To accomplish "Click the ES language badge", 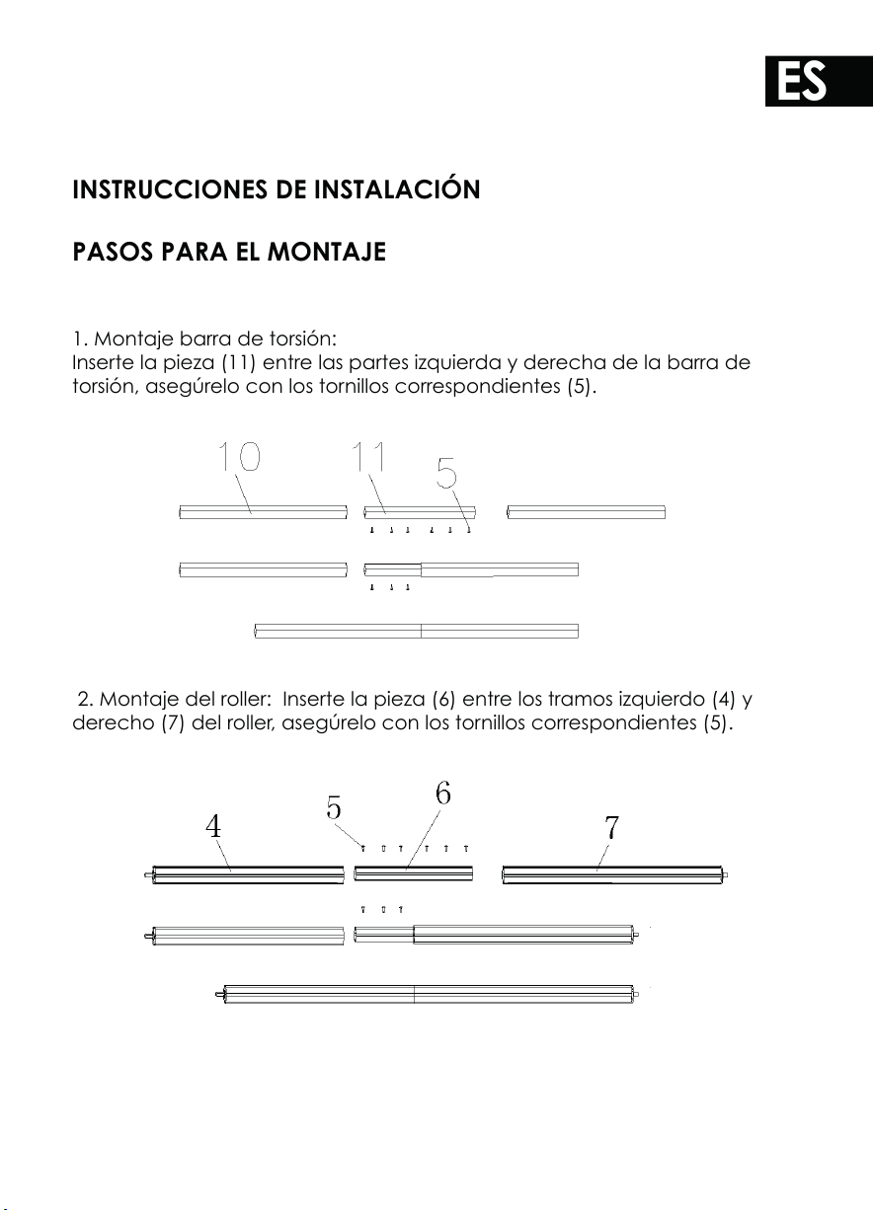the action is (x=819, y=81).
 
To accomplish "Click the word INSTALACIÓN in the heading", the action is (x=397, y=189).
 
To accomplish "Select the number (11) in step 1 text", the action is (x=238, y=362).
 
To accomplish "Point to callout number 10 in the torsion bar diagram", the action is (x=239, y=457).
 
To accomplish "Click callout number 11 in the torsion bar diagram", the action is (x=369, y=457).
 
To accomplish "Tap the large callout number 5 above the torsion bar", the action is (x=446, y=472).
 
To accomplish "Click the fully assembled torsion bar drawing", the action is (x=416, y=631).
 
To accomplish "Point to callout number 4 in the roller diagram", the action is (x=213, y=826).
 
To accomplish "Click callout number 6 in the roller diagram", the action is (x=443, y=794).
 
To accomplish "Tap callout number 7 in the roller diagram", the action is (x=611, y=827).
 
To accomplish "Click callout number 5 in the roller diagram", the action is (x=334, y=808).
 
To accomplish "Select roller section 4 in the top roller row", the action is (x=244, y=875).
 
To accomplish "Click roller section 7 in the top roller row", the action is (x=615, y=875).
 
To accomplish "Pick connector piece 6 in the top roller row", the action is (x=414, y=873).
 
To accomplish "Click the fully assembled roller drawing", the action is (x=427, y=994).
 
